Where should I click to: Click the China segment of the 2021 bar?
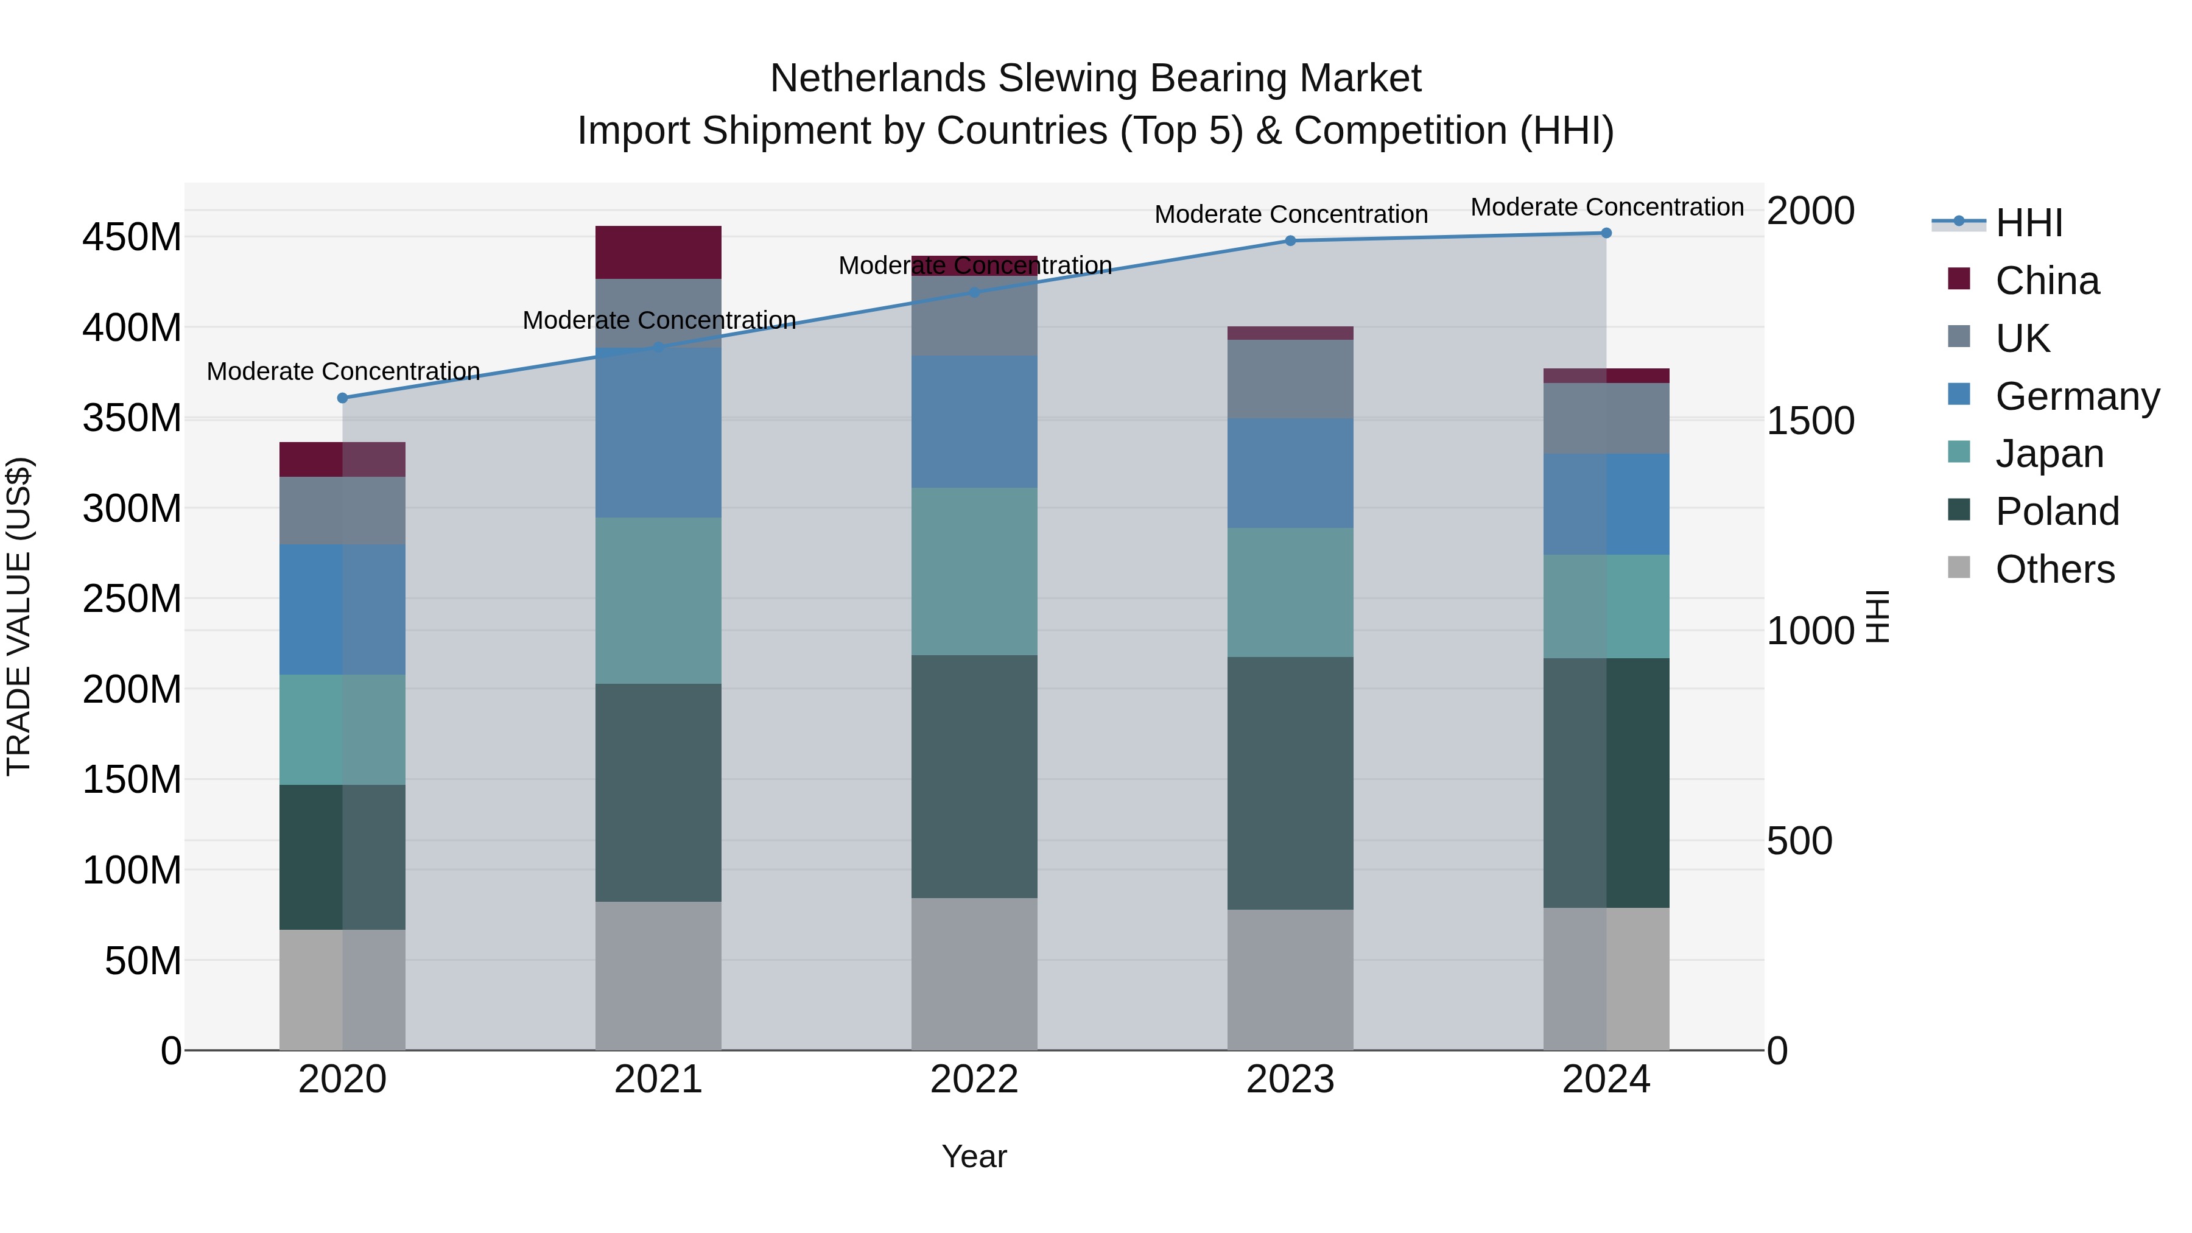point(658,252)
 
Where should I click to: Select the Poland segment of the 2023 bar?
point(1290,783)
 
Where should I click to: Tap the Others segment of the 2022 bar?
point(974,974)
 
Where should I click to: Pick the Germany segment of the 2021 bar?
point(658,432)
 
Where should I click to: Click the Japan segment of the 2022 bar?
point(974,571)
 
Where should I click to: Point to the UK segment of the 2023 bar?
point(1290,379)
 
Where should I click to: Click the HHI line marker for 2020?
point(343,398)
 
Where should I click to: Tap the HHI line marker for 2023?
point(1290,241)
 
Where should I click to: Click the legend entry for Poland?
point(2057,511)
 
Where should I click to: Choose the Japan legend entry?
point(2049,454)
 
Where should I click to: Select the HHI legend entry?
point(2029,223)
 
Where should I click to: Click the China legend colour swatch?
point(1959,279)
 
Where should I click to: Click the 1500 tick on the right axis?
point(1810,420)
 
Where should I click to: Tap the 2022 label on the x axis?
point(974,1080)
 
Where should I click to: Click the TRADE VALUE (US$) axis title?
point(19,616)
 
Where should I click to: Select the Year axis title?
point(974,1156)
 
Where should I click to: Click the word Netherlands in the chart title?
point(878,79)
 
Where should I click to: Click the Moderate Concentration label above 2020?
point(343,372)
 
